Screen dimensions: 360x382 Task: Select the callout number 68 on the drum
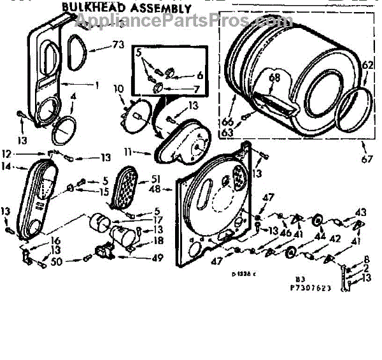click(274, 78)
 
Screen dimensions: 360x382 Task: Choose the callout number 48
click(155, 189)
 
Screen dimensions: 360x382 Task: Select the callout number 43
click(360, 212)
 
